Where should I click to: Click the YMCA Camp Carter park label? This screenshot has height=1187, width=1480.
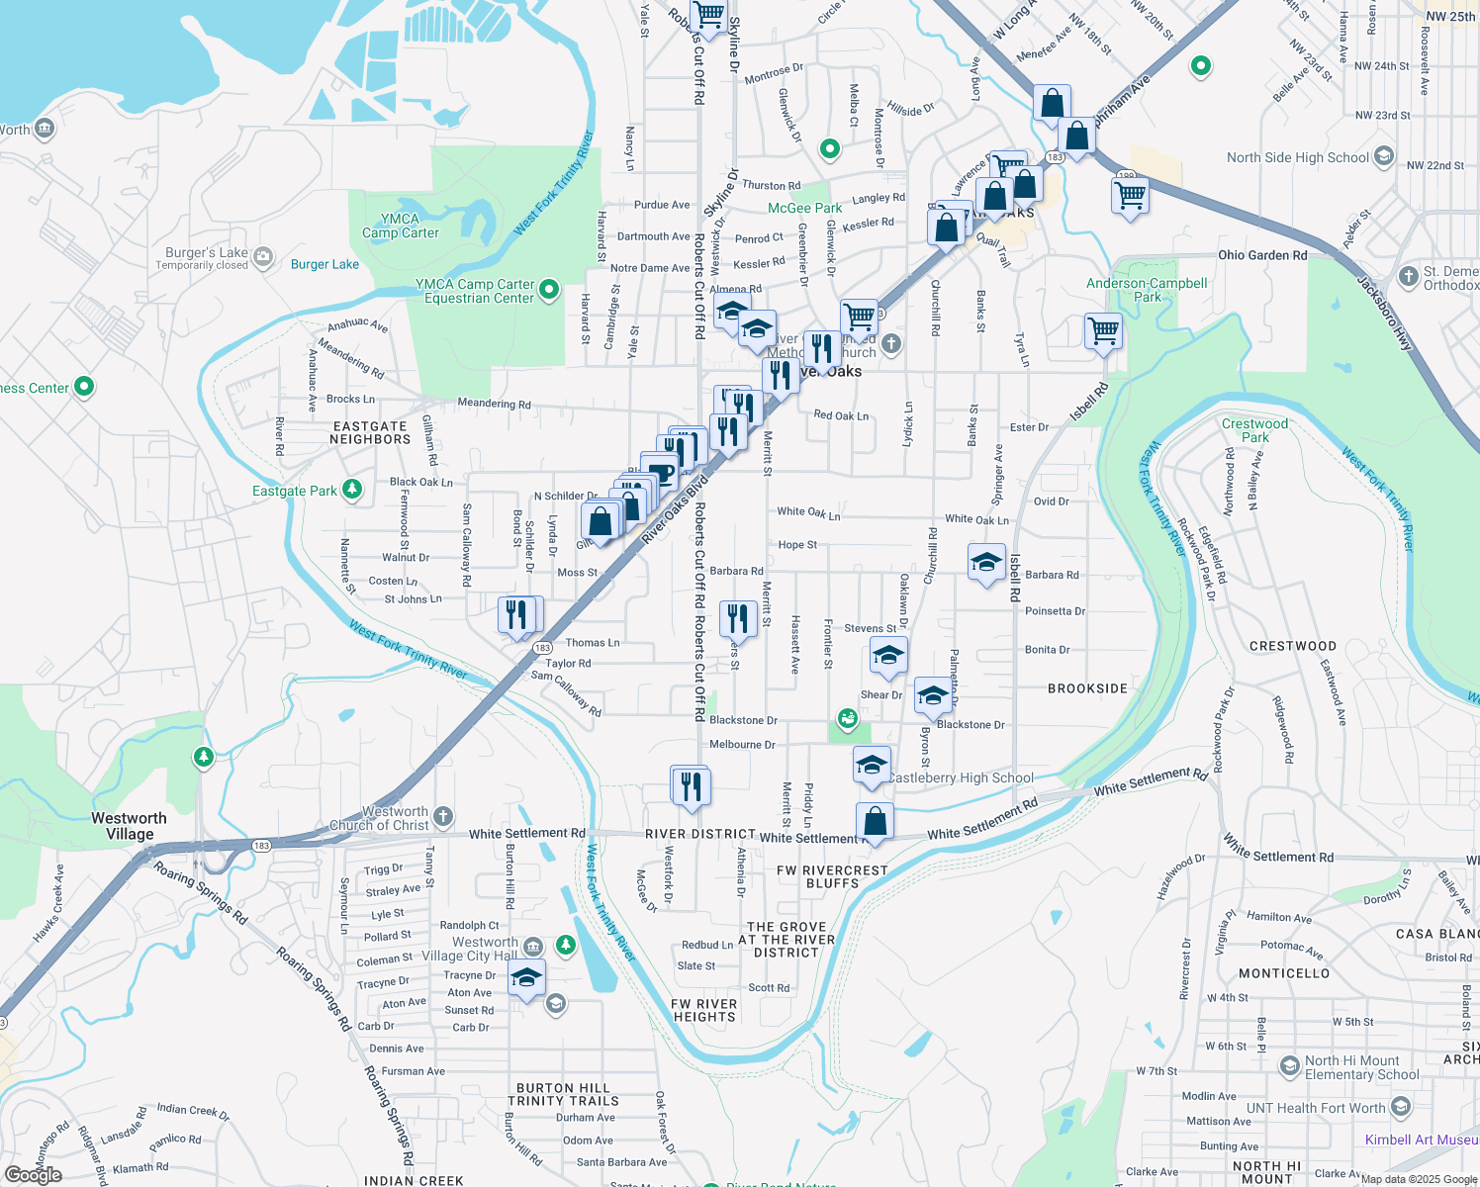click(x=400, y=226)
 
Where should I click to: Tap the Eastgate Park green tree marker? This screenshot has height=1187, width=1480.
click(x=351, y=489)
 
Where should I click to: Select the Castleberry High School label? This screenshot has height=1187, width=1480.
click(x=960, y=777)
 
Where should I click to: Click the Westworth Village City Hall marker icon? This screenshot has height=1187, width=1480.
click(x=533, y=947)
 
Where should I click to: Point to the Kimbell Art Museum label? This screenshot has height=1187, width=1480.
click(x=1422, y=1140)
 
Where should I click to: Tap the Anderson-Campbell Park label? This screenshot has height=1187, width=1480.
click(x=1147, y=290)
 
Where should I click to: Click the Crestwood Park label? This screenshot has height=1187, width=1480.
click(x=1254, y=430)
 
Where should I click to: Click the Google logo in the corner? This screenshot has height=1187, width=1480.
click(x=33, y=1174)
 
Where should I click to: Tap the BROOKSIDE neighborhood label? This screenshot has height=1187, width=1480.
click(x=1087, y=688)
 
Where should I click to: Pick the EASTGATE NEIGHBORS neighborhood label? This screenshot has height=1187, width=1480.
click(x=370, y=433)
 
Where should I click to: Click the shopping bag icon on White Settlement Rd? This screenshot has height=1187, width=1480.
click(x=875, y=821)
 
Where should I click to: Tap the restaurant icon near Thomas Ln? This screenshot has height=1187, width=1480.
click(x=516, y=615)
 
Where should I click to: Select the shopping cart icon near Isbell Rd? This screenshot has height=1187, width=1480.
click(x=1102, y=331)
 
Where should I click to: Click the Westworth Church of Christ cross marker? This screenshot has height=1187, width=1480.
click(x=443, y=816)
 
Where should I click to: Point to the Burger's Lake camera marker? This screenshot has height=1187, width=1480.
click(x=262, y=258)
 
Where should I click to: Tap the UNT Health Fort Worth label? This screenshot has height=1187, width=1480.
click(x=1315, y=1108)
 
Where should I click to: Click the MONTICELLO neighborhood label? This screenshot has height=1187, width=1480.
click(x=1284, y=973)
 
